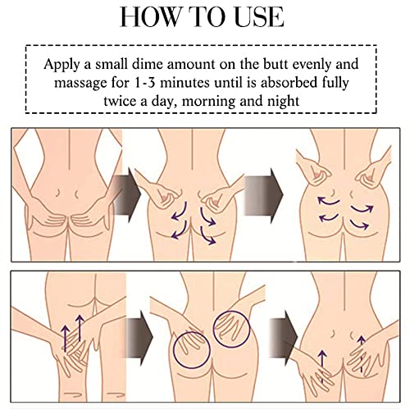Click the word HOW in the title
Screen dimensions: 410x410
[150, 17]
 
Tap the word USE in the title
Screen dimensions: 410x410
[259, 17]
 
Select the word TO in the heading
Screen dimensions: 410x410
[207, 17]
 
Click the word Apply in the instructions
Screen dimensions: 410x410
[61, 65]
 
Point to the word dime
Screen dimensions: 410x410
[148, 64]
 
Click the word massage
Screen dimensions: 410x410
[80, 83]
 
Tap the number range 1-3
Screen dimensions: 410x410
[145, 83]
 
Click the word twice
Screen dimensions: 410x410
[120, 101]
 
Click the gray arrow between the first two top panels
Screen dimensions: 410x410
[127, 195]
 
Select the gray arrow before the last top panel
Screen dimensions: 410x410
[264, 195]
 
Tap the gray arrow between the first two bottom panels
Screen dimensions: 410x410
[139, 337]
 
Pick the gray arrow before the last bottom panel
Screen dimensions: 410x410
[284, 337]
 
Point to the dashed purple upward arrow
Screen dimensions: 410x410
[362, 353]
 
